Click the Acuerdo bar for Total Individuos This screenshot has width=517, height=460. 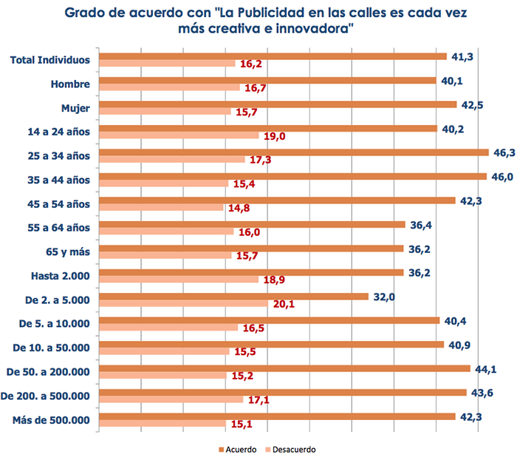click(272, 56)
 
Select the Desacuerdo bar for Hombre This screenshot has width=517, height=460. click(168, 87)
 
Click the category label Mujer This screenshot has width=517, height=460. click(75, 108)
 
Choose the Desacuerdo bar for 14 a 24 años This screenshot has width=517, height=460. click(178, 135)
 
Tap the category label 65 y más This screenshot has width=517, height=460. click(67, 251)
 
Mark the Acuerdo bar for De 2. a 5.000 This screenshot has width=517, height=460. click(233, 297)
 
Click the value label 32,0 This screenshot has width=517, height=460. click(383, 297)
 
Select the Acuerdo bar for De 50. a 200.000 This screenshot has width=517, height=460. click(284, 368)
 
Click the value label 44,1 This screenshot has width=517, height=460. click(486, 368)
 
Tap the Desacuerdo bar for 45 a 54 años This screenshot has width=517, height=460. click(160, 207)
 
